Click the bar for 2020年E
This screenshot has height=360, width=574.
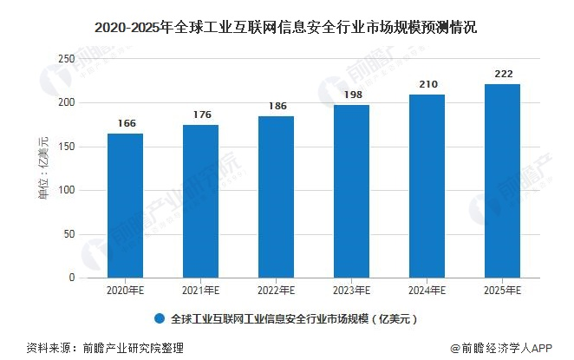pos(125,206)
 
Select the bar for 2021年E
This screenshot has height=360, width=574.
pos(200,201)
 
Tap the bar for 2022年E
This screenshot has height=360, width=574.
pos(276,197)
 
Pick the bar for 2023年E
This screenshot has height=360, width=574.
pos(351,192)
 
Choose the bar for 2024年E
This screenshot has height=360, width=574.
pos(427,187)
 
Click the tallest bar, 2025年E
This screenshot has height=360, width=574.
pos(502,181)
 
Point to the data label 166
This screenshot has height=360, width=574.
pos(126,124)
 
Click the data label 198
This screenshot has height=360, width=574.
pos(351,95)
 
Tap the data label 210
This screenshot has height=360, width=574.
pos(427,85)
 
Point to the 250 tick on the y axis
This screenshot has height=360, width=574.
pos(65,59)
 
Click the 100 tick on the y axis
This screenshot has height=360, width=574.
pos(65,191)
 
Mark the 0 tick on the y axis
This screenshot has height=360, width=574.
pos(71,278)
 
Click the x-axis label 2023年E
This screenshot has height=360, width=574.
pos(351,291)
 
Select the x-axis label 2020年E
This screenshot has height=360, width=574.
pos(125,291)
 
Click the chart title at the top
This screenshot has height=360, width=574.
pos(287,26)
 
